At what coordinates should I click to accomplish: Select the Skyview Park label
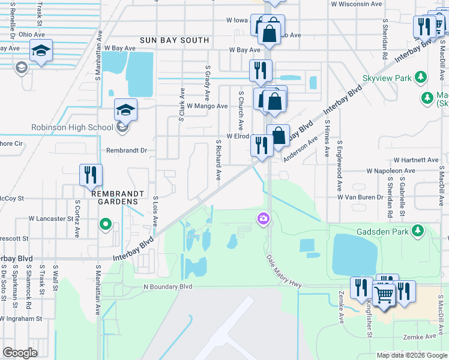tap(387, 78)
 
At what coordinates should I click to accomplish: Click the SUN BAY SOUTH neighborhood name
tap(175, 40)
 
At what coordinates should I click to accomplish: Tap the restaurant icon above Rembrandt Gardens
tap(91, 175)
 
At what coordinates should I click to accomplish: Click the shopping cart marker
tap(384, 295)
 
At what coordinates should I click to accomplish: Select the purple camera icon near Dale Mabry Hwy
tap(262, 219)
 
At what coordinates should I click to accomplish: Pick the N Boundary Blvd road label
tap(167, 287)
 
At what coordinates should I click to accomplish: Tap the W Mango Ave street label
tap(207, 106)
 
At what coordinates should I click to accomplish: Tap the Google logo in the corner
tap(20, 353)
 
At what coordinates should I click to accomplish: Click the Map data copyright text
tap(412, 355)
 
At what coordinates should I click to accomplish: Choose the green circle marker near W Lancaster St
tap(106, 226)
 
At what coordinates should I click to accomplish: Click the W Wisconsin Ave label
tap(357, 4)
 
